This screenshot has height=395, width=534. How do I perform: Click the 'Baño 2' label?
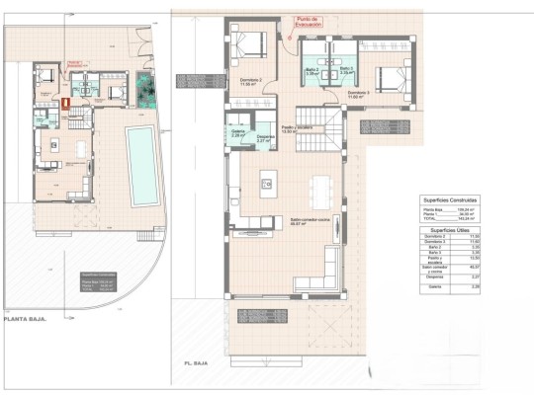(x=312, y=71)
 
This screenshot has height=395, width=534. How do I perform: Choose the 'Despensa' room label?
(x=265, y=139)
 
